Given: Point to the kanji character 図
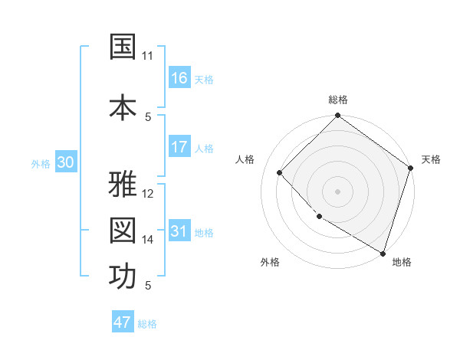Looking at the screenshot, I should tap(123, 231).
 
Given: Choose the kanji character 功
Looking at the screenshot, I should tap(123, 277).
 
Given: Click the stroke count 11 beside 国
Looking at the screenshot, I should tap(148, 56).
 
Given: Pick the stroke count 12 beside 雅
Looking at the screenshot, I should tap(148, 194).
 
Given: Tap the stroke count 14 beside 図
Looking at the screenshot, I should tap(148, 240).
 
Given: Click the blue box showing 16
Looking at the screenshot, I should tap(179, 78).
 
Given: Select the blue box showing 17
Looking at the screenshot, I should tap(179, 147).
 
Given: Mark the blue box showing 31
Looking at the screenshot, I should tap(179, 231).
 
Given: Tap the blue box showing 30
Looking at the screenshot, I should tap(65, 162).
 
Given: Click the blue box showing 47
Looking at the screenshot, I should tap(123, 322).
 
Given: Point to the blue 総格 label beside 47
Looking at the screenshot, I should tap(147, 324).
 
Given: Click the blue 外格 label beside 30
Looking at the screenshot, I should tap(41, 163).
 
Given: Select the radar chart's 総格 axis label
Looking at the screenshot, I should tap(338, 100).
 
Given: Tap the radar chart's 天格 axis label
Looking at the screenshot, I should tap(431, 159).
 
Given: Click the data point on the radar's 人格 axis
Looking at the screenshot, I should tap(280, 172).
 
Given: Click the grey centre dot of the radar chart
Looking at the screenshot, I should tap(337, 191).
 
